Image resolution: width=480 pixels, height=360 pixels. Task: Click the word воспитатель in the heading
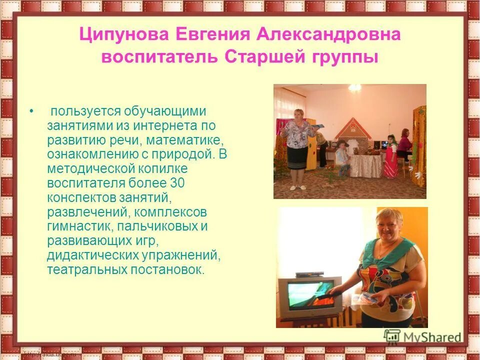[x=159, y=57]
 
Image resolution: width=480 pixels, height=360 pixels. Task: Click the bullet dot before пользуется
[x=32, y=111]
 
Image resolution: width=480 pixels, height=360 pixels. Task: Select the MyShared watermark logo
[x=422, y=336]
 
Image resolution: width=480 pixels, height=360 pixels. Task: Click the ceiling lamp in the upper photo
[x=355, y=87]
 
